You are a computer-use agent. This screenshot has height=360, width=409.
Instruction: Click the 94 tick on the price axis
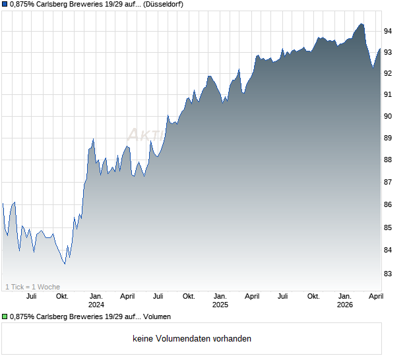[x=389, y=31]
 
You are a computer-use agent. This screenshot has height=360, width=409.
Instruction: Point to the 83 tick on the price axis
[x=389, y=273]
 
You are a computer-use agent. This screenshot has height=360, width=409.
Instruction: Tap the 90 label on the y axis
[x=389, y=117]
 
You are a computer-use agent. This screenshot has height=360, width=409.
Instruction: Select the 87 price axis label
[x=389, y=182]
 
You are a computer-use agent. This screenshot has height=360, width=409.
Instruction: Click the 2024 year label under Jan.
[x=96, y=305]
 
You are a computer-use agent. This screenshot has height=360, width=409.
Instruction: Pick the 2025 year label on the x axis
[x=220, y=305]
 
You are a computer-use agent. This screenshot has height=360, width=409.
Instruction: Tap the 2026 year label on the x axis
[x=344, y=305]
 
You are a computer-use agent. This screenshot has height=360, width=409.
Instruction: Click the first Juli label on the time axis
[x=30, y=296]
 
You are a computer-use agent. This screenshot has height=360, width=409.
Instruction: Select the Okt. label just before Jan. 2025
[x=189, y=296]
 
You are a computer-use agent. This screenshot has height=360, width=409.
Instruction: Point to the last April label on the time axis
[x=375, y=296]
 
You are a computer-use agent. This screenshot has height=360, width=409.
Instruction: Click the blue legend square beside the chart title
[x=5, y=4]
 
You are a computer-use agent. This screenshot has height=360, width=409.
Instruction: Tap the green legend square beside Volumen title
[x=5, y=317]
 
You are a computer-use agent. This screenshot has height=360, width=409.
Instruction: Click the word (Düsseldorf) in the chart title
[x=160, y=4]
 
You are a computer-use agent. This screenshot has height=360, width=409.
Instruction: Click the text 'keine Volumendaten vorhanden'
[x=192, y=339]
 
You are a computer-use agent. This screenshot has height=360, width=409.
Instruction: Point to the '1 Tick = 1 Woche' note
[x=33, y=287]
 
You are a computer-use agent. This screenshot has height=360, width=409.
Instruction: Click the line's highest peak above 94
[x=361, y=24]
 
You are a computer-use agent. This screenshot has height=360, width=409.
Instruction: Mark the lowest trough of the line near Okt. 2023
[x=64, y=264]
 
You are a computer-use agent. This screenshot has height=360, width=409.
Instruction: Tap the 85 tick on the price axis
[x=389, y=227]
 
